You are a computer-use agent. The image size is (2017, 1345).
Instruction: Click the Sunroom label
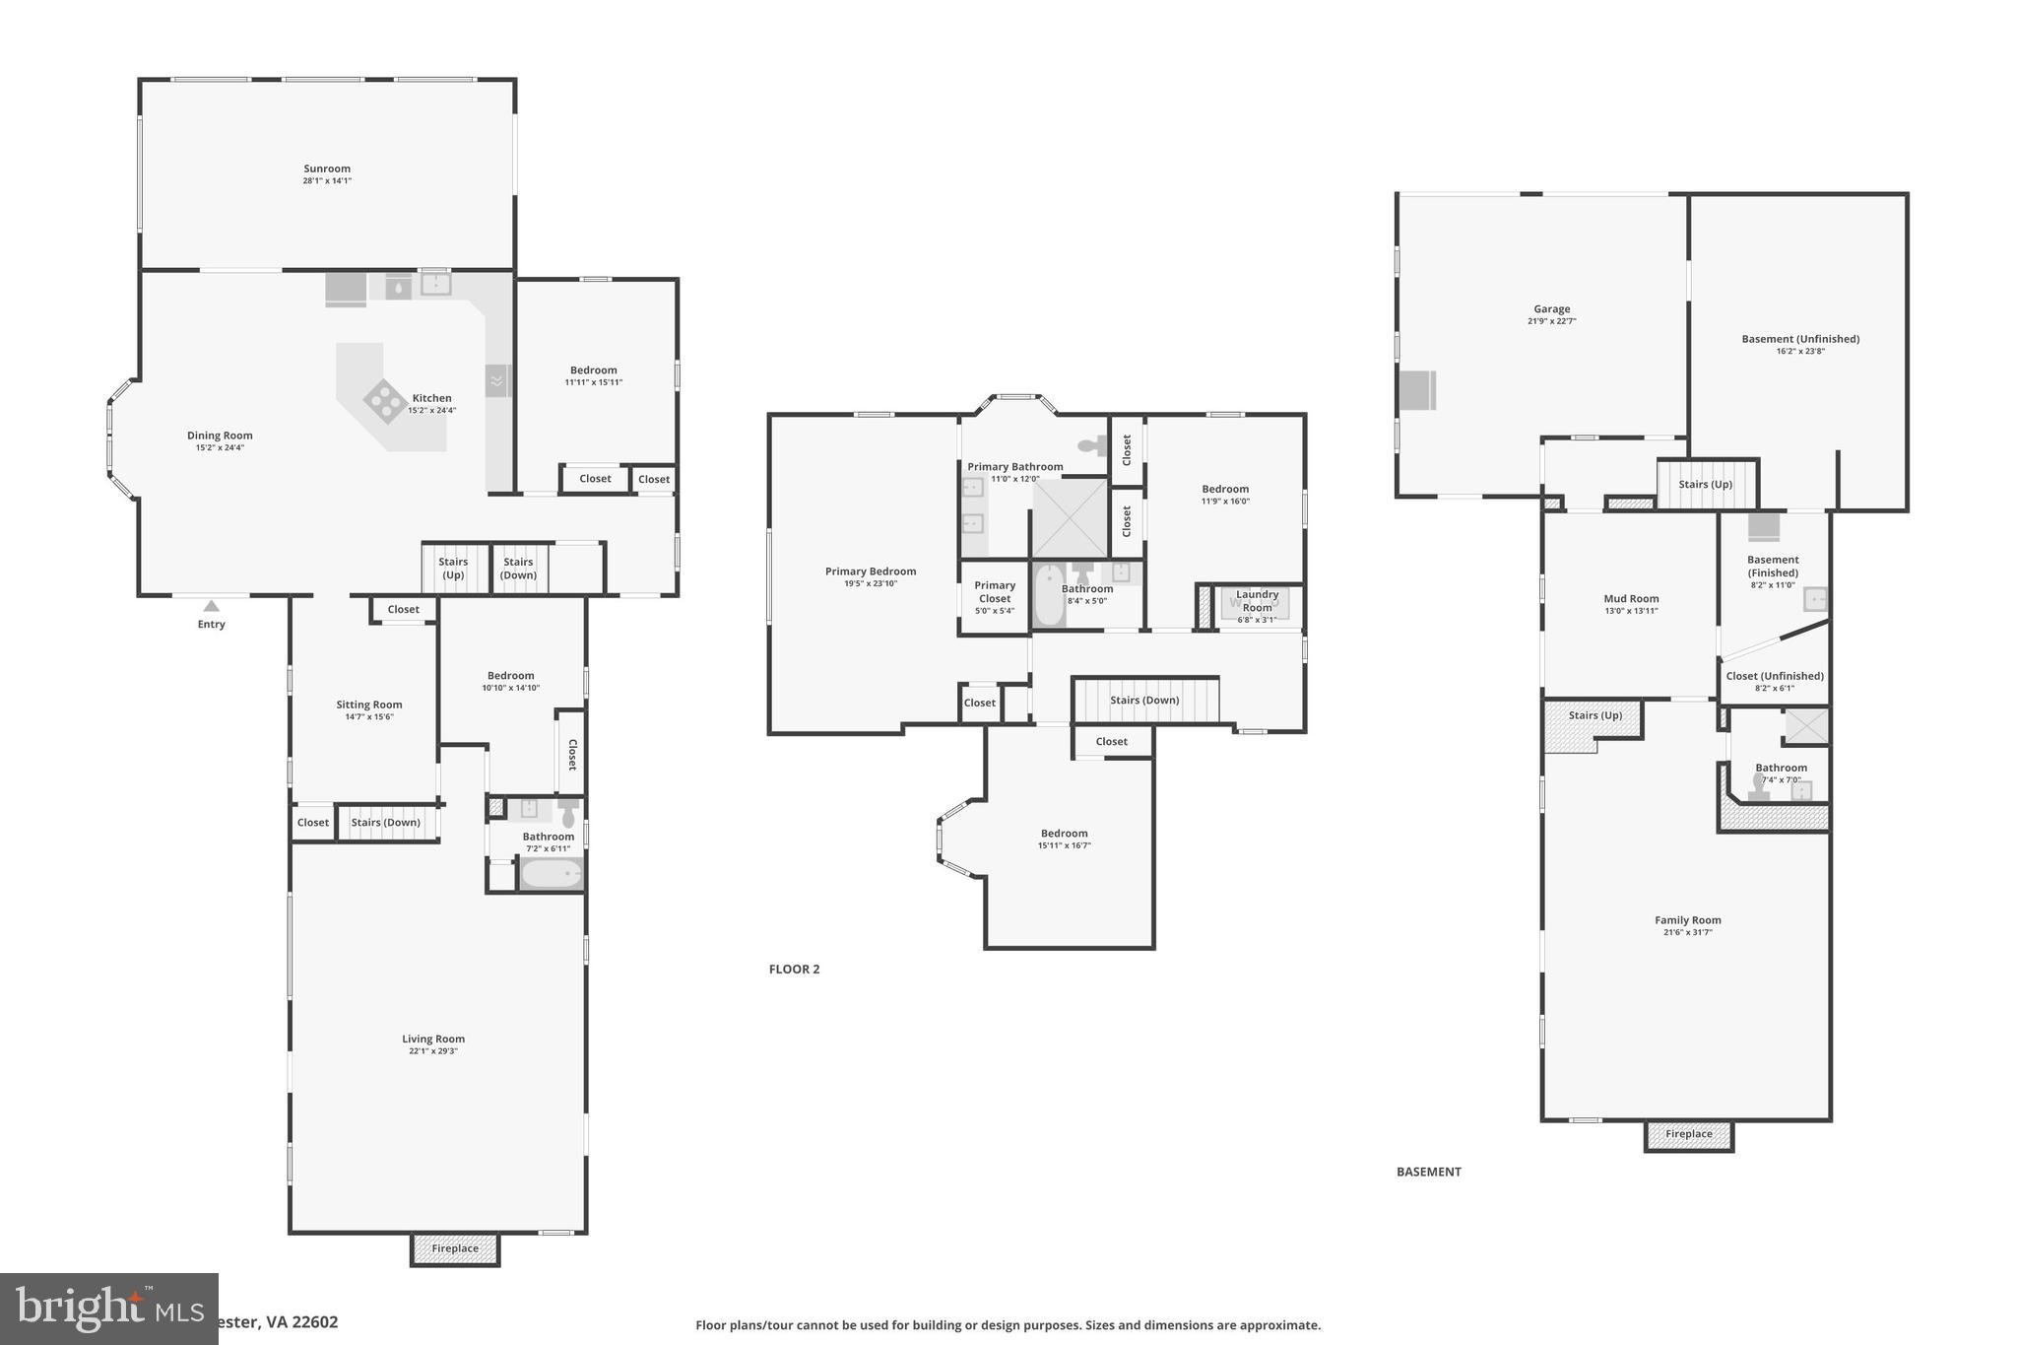pos(327,168)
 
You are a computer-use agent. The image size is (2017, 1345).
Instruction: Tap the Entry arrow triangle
pos(211,606)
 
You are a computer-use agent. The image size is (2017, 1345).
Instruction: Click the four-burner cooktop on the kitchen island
pos(383,400)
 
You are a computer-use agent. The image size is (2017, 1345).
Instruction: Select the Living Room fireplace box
pos(455,1248)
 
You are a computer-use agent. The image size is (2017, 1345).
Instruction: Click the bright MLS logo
pos(108,1309)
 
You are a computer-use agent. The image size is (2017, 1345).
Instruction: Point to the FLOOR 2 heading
pos(794,969)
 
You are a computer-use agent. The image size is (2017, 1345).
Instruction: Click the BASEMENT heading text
pos(1428,1172)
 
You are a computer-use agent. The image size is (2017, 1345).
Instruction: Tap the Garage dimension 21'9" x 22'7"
pos(1551,321)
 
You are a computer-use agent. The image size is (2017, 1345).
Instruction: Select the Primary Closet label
pos(995,591)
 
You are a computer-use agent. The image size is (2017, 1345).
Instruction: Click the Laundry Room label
pos(1257,600)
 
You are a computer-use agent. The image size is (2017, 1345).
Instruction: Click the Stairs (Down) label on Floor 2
pos(1144,701)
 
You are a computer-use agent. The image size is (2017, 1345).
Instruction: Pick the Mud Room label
pos(1631,598)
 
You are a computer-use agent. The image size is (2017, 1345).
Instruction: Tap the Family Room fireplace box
pos(1688,1134)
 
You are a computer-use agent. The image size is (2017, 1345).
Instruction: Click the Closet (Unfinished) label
pos(1775,676)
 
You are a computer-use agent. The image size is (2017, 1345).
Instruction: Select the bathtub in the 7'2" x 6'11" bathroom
pos(551,874)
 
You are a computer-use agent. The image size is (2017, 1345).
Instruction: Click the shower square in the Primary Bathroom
pos(1070,518)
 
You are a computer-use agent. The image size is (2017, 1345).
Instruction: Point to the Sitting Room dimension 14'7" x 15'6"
pos(369,716)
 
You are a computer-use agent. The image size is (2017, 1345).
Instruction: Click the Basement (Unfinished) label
pos(1800,339)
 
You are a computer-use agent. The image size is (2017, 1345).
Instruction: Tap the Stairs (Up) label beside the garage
pos(1705,484)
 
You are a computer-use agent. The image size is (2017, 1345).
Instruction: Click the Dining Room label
pos(220,436)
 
